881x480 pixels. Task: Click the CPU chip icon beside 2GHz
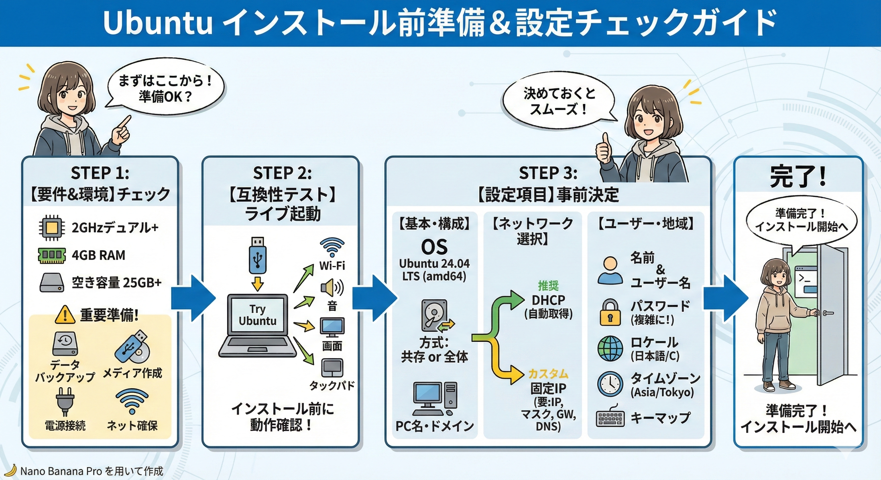(x=52, y=227)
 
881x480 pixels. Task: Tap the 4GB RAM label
(x=99, y=255)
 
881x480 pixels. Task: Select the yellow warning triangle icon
(x=65, y=315)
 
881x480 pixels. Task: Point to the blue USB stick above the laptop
(x=257, y=256)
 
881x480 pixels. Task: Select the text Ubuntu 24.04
(x=434, y=263)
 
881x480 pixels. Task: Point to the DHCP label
(x=548, y=300)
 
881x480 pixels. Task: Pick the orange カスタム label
(x=548, y=374)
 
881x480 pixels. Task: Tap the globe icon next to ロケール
(x=610, y=348)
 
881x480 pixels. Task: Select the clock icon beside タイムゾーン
(x=610, y=384)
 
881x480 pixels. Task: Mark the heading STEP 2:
(x=282, y=173)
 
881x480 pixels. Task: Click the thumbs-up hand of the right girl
(x=604, y=151)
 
